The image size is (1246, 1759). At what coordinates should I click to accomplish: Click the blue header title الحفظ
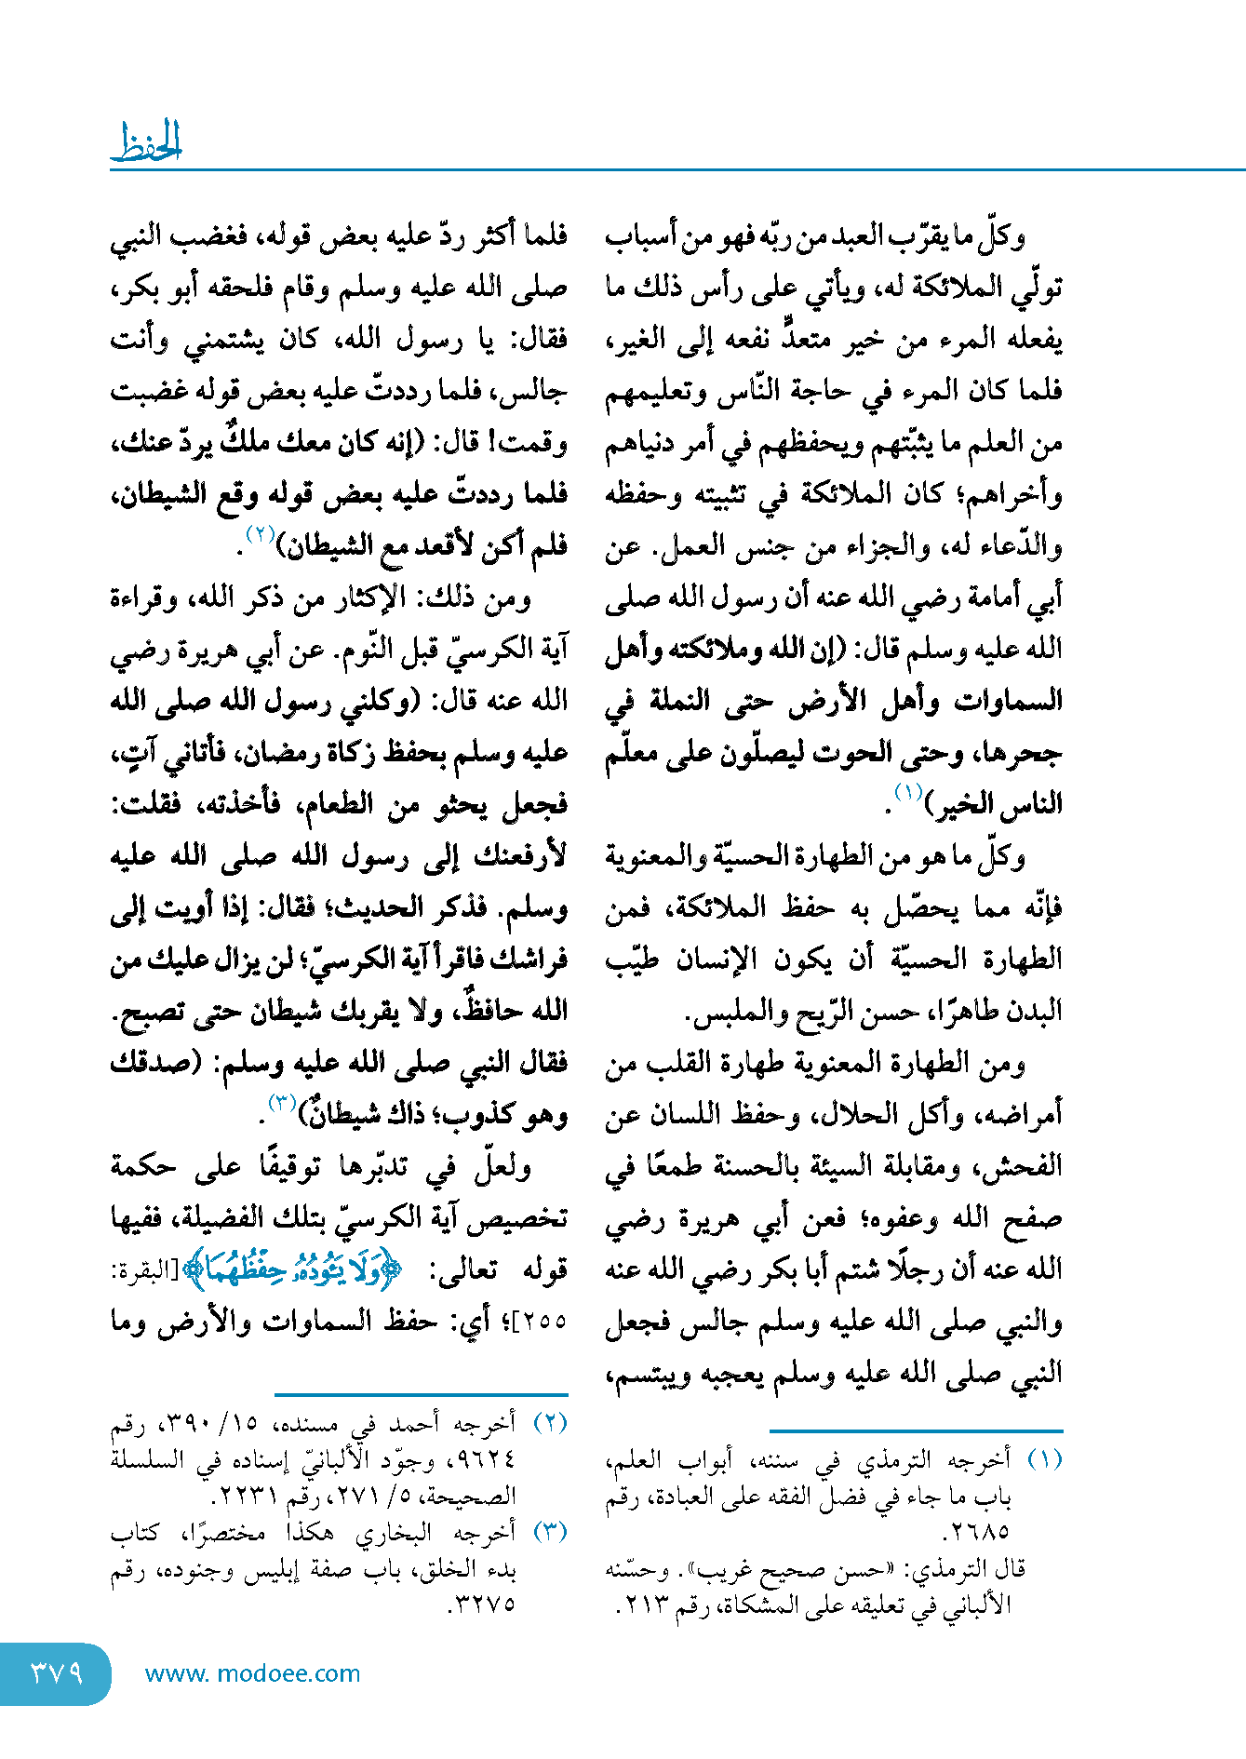[146, 142]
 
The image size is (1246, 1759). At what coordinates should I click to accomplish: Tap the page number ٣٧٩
[57, 1673]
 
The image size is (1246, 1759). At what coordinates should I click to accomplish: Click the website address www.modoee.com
[252, 1673]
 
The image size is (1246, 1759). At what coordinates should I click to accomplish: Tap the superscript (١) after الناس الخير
[907, 793]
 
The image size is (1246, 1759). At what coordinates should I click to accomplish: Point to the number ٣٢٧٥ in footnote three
[483, 1605]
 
